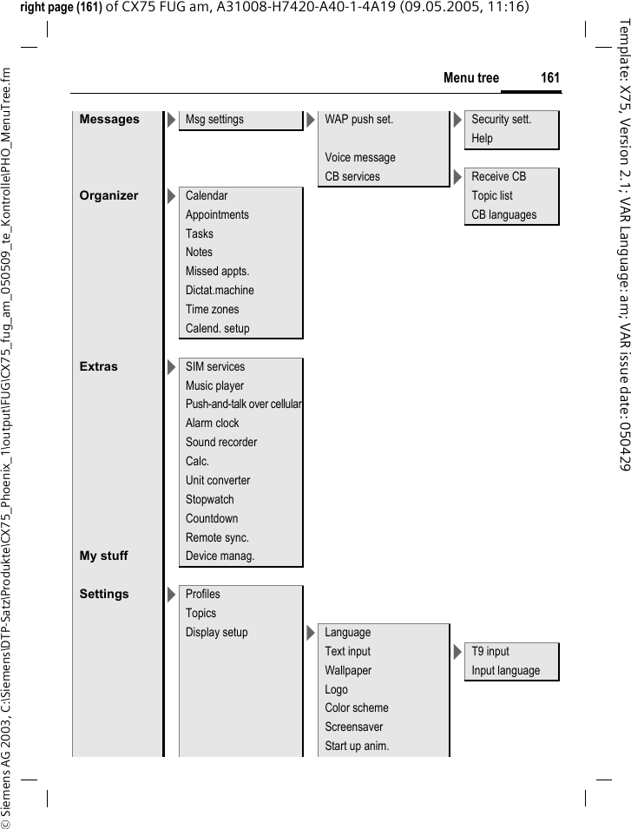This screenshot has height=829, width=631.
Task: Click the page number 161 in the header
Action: pos(549,78)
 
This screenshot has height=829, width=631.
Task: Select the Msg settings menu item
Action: pos(214,120)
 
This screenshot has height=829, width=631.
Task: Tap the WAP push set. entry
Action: pos(358,120)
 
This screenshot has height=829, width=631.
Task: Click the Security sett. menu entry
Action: pos(501,120)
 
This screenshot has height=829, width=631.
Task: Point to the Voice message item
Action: pos(359,158)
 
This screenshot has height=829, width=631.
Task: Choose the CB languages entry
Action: pos(503,215)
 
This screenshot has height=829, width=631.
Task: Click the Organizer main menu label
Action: pos(108,196)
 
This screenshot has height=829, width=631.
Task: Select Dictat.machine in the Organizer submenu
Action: pos(220,291)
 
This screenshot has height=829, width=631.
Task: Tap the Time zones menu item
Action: pos(212,310)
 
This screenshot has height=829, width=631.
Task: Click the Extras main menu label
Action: pos(98,367)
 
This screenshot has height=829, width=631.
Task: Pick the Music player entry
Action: pos(214,386)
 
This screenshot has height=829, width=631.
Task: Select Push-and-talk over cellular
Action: pos(244,405)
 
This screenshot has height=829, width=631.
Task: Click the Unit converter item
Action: pos(218,481)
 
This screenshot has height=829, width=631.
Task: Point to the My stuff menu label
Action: pos(103,556)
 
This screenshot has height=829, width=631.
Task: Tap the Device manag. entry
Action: pos(220,556)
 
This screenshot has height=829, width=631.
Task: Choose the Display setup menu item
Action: pos(216,633)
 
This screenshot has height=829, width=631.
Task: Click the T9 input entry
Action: pos(490,652)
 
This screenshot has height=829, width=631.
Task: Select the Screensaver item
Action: pos(353,727)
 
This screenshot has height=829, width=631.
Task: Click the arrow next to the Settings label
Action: pos(170,595)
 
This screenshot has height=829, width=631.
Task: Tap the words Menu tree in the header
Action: pos(471,78)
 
